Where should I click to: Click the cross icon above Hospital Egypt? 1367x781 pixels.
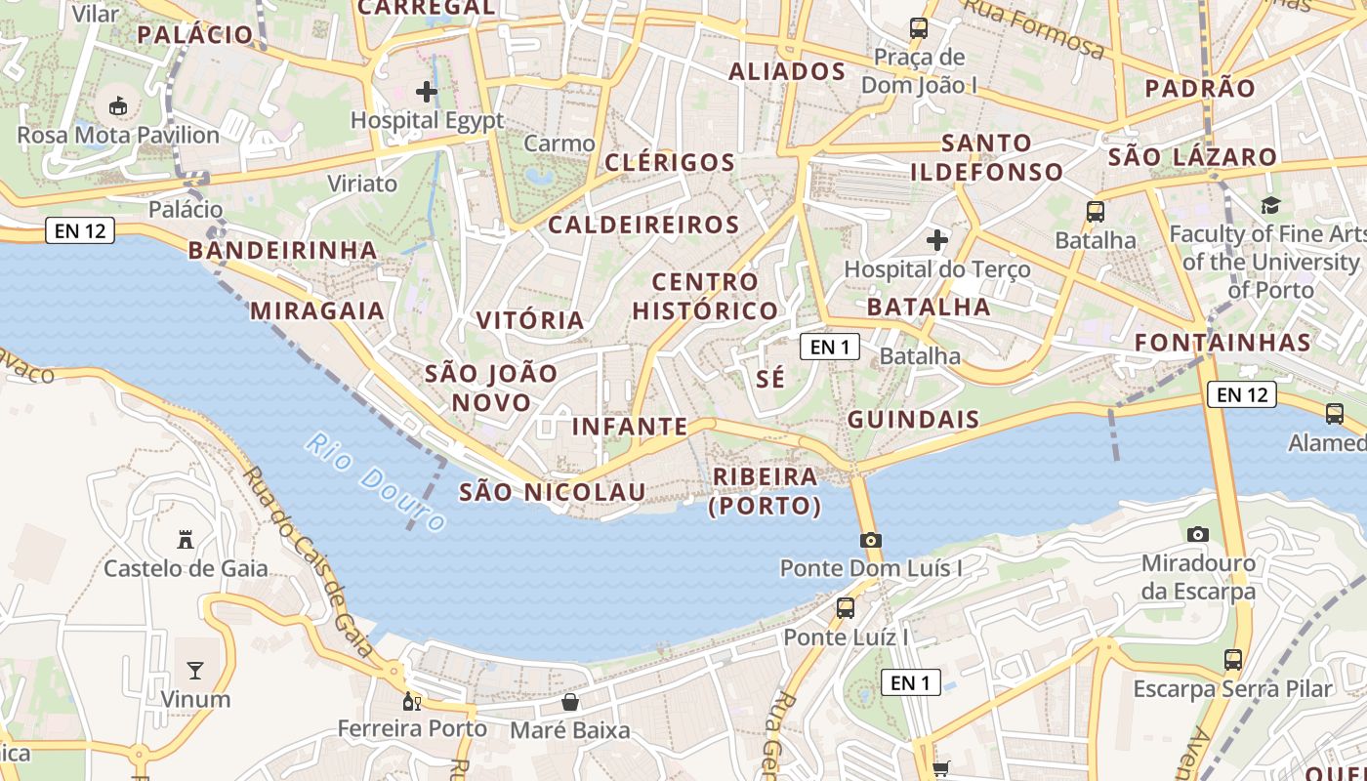pos(427,92)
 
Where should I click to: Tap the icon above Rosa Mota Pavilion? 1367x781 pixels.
pos(118,105)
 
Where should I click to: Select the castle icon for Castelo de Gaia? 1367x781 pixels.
pos(186,539)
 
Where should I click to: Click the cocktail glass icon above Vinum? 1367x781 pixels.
pos(195,670)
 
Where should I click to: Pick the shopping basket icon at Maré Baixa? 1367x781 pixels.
pos(570,702)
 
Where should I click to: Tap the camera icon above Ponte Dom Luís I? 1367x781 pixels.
pos(871,540)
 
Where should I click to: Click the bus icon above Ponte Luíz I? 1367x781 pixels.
pos(846,608)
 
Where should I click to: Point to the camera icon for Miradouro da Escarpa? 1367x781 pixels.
pos(1198,534)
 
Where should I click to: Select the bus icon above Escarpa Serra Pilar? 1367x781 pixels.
pos(1233,660)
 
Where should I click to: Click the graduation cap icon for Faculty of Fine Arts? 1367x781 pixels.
pos(1270,205)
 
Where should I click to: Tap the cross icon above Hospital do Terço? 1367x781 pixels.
pos(937,239)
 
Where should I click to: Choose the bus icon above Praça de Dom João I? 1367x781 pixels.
pos(919,28)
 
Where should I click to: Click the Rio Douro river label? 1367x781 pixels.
pos(375,481)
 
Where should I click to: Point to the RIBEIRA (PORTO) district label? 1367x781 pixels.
pos(765,491)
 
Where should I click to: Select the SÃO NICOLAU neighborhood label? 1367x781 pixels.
pos(553,492)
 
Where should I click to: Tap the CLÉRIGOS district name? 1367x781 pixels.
pos(670,162)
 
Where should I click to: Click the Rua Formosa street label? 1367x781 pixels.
pos(1034,29)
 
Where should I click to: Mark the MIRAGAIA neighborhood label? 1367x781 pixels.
pos(317,310)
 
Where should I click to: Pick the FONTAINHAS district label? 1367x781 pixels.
pos(1222,343)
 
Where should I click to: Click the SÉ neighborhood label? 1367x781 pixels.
pos(770,379)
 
